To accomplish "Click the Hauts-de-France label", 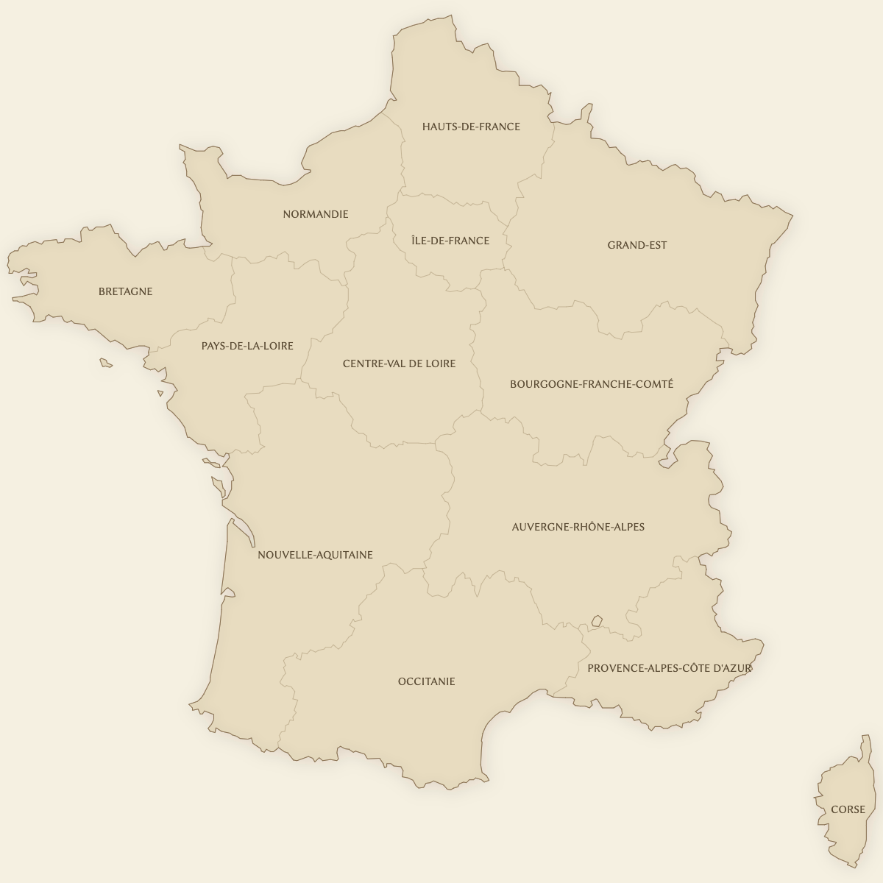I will tap(471, 127).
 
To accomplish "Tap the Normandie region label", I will tap(316, 214).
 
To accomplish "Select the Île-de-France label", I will tap(450, 241).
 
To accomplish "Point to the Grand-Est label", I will tap(637, 245).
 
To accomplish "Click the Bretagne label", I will tap(126, 291).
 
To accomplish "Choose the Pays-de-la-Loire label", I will tap(247, 346).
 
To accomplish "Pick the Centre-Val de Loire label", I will tap(399, 364).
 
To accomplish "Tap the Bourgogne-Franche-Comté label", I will tap(592, 384).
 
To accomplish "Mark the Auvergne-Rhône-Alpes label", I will tap(578, 527).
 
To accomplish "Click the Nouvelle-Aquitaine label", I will tap(315, 555).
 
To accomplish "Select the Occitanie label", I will tap(427, 681).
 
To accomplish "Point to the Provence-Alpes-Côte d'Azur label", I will tap(670, 668).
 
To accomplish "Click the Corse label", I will tap(848, 809).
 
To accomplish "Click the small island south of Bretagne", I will tap(106, 362).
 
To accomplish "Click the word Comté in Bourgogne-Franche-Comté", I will tap(656, 384).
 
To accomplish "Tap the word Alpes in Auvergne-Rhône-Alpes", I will tap(628, 527).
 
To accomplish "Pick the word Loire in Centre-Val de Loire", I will tap(439, 364).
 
